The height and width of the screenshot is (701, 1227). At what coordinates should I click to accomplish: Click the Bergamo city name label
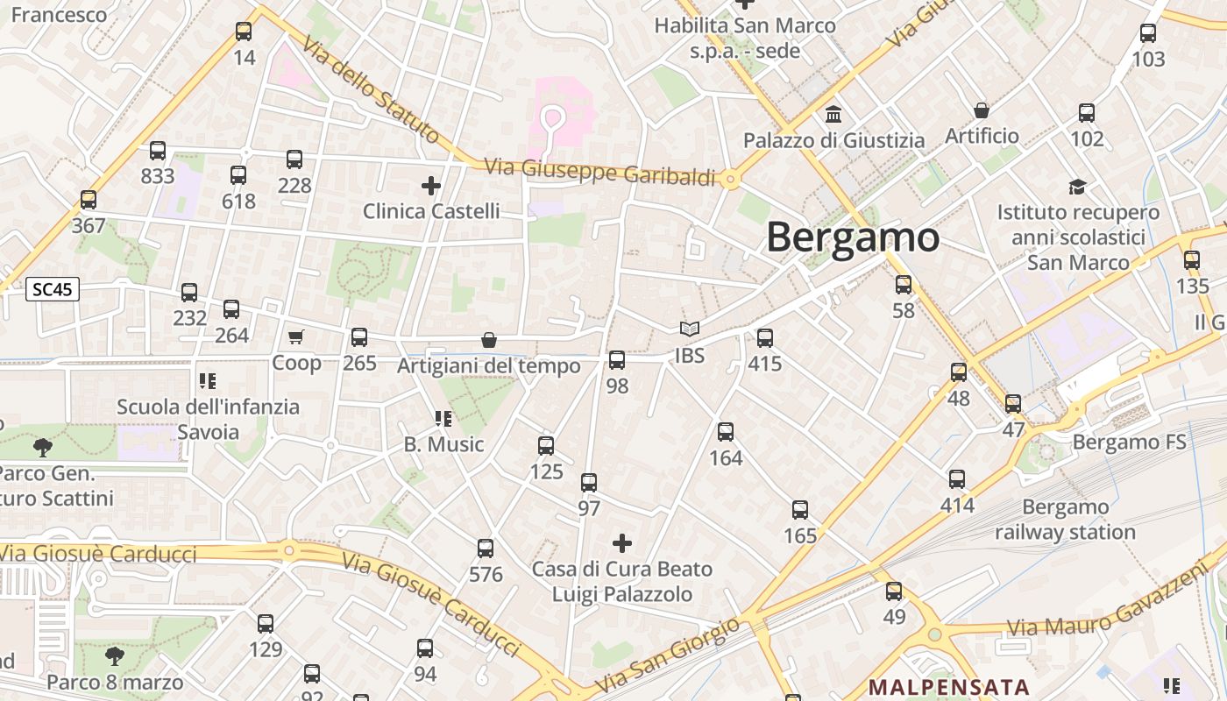pyautogui.click(x=852, y=238)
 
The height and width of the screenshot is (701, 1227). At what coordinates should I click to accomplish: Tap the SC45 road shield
pyautogui.click(x=53, y=289)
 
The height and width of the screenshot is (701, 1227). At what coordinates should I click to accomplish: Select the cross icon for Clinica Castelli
pyautogui.click(x=430, y=186)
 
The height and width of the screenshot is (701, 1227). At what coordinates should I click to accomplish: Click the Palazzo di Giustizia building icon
pyautogui.click(x=833, y=115)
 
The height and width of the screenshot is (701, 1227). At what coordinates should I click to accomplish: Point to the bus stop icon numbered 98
pyautogui.click(x=617, y=360)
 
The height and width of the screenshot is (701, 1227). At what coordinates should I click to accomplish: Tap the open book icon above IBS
pyautogui.click(x=690, y=329)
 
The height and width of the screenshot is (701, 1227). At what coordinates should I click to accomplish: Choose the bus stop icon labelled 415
pyautogui.click(x=765, y=338)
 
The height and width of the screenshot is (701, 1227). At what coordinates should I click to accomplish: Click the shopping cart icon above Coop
pyautogui.click(x=296, y=337)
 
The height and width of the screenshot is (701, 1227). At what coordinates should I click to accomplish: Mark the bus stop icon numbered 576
pyautogui.click(x=486, y=549)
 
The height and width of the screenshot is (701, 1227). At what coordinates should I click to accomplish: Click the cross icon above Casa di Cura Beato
pyautogui.click(x=622, y=543)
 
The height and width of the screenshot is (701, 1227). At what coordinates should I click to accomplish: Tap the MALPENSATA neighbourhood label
pyautogui.click(x=948, y=686)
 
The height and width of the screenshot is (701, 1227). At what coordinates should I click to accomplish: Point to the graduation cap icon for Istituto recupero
pyautogui.click(x=1077, y=187)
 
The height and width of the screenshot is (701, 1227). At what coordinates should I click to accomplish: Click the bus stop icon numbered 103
pyautogui.click(x=1148, y=34)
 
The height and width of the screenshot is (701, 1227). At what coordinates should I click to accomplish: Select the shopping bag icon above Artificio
pyautogui.click(x=982, y=110)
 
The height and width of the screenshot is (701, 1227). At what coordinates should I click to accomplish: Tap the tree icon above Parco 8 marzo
pyautogui.click(x=114, y=656)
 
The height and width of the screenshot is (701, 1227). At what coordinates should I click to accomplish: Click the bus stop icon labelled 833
pyautogui.click(x=158, y=151)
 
